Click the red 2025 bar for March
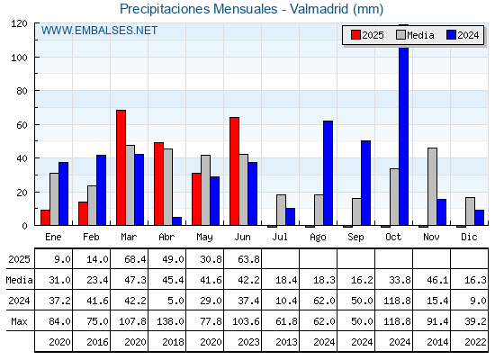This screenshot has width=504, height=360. point(121,167)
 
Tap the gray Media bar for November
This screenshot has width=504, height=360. point(432,186)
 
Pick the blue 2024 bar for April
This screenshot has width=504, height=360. point(176,221)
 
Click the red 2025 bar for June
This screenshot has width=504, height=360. point(234,171)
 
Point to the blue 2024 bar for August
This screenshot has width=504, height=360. point(328,173)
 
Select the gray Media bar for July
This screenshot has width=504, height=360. point(281,210)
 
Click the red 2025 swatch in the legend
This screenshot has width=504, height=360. point(355,35)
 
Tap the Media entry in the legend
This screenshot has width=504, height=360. point(415,35)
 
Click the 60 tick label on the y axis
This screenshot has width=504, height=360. point(22,125)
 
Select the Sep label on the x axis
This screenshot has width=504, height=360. point(355,238)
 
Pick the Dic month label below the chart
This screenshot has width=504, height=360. point(469,237)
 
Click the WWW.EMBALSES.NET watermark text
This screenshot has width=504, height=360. point(99,31)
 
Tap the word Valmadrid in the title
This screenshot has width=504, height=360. point(319,9)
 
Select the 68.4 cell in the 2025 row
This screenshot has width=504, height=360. point(135,259)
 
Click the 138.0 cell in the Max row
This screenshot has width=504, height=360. point(170,321)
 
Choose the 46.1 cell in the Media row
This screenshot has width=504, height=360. point(437,280)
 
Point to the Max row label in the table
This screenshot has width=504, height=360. point(19,321)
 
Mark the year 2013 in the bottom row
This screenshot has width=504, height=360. point(286,342)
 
